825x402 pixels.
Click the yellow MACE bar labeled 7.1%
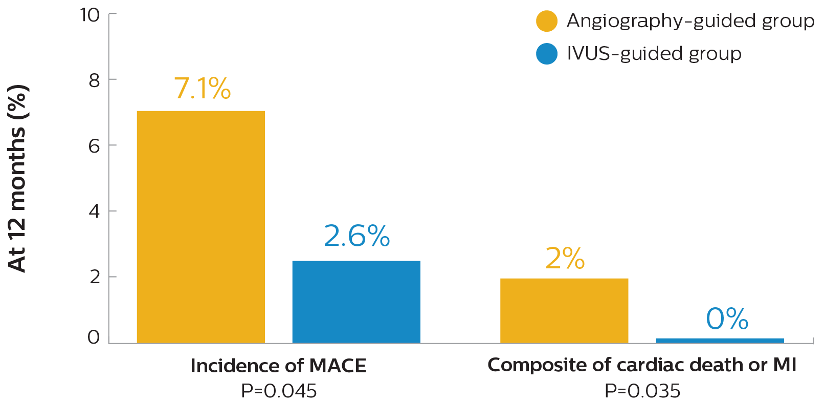click(200, 226)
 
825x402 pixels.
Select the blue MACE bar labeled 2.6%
click(356, 302)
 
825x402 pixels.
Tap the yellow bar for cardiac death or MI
click(564, 310)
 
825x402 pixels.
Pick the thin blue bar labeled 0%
click(720, 340)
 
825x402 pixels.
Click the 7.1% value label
click(202, 89)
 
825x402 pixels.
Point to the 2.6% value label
click(356, 236)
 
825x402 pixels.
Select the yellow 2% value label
click(565, 259)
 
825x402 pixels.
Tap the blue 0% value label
click(727, 319)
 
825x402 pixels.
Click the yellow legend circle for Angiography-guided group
click(546, 22)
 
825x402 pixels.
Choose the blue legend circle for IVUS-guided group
click(546, 54)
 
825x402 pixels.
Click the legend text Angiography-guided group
click(690, 22)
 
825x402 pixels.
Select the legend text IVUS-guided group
click(654, 54)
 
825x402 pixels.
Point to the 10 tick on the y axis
click(90, 15)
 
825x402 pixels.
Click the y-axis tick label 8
click(94, 80)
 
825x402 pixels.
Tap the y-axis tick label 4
click(94, 211)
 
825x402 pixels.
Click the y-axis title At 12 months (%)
click(18, 178)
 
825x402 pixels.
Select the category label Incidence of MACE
click(278, 366)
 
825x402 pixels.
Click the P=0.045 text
click(278, 391)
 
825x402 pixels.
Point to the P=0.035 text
click(642, 391)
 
